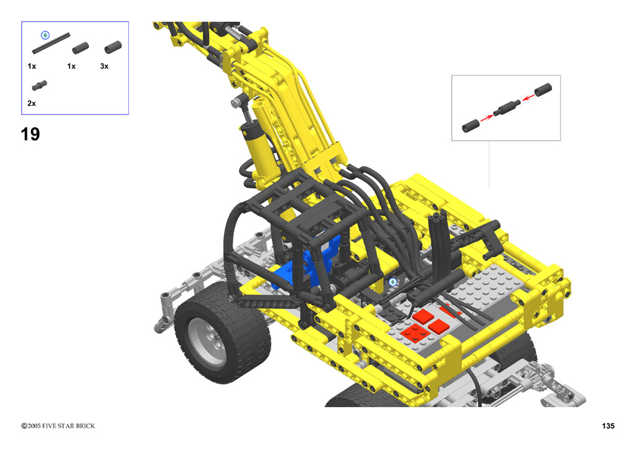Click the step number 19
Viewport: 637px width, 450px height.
(30, 134)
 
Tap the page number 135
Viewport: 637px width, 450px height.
(608, 426)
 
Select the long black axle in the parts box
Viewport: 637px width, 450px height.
(51, 44)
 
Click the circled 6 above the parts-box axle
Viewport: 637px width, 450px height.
(45, 35)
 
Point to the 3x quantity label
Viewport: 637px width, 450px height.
(104, 66)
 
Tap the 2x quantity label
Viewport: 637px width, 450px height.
(31, 103)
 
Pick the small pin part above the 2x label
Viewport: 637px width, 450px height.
(39, 86)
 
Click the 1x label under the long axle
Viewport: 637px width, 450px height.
(32, 66)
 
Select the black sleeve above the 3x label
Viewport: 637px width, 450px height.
(113, 47)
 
